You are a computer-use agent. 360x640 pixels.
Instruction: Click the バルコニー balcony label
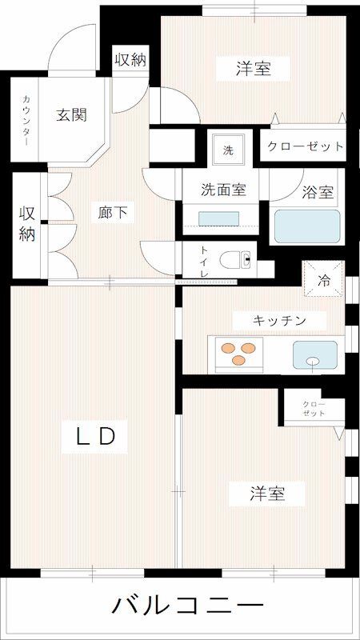pyautogui.click(x=186, y=606)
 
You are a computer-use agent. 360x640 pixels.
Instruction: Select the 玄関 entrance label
pyautogui.click(x=71, y=114)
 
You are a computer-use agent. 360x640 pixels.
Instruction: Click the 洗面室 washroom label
pyautogui.click(x=222, y=190)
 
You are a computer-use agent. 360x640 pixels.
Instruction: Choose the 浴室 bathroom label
pyautogui.click(x=318, y=193)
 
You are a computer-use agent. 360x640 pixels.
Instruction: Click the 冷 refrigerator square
pyautogui.click(x=324, y=280)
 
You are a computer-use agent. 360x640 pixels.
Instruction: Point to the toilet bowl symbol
pyautogui.click(x=237, y=259)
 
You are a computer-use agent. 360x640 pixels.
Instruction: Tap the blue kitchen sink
pyautogui.click(x=314, y=354)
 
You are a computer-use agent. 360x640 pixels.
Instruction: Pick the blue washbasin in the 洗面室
pyautogui.click(x=218, y=219)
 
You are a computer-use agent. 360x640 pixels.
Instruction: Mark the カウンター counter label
pyautogui.click(x=26, y=122)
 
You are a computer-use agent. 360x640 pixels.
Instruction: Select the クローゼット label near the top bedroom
pyautogui.click(x=305, y=146)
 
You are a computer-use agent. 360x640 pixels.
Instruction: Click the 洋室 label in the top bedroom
pyautogui.click(x=253, y=70)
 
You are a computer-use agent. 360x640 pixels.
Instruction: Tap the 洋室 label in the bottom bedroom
pyautogui.click(x=266, y=494)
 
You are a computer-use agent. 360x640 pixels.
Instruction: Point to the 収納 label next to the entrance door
pyautogui.click(x=130, y=59)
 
